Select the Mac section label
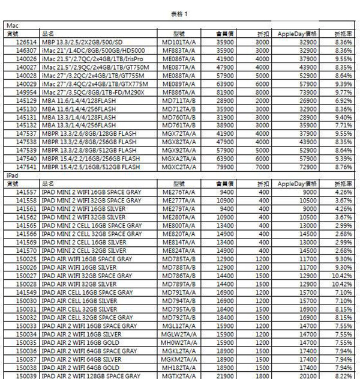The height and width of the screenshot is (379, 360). (x=12, y=26)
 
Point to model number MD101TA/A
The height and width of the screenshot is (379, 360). (x=179, y=43)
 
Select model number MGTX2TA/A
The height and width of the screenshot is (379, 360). (x=179, y=375)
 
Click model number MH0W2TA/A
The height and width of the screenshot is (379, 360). (x=179, y=342)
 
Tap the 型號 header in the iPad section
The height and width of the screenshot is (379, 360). (x=179, y=183)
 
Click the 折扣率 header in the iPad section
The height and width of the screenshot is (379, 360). (x=343, y=183)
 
